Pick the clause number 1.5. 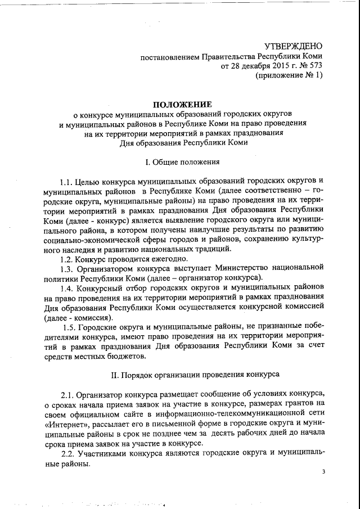click(70, 327)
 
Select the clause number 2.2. click(67, 454)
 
